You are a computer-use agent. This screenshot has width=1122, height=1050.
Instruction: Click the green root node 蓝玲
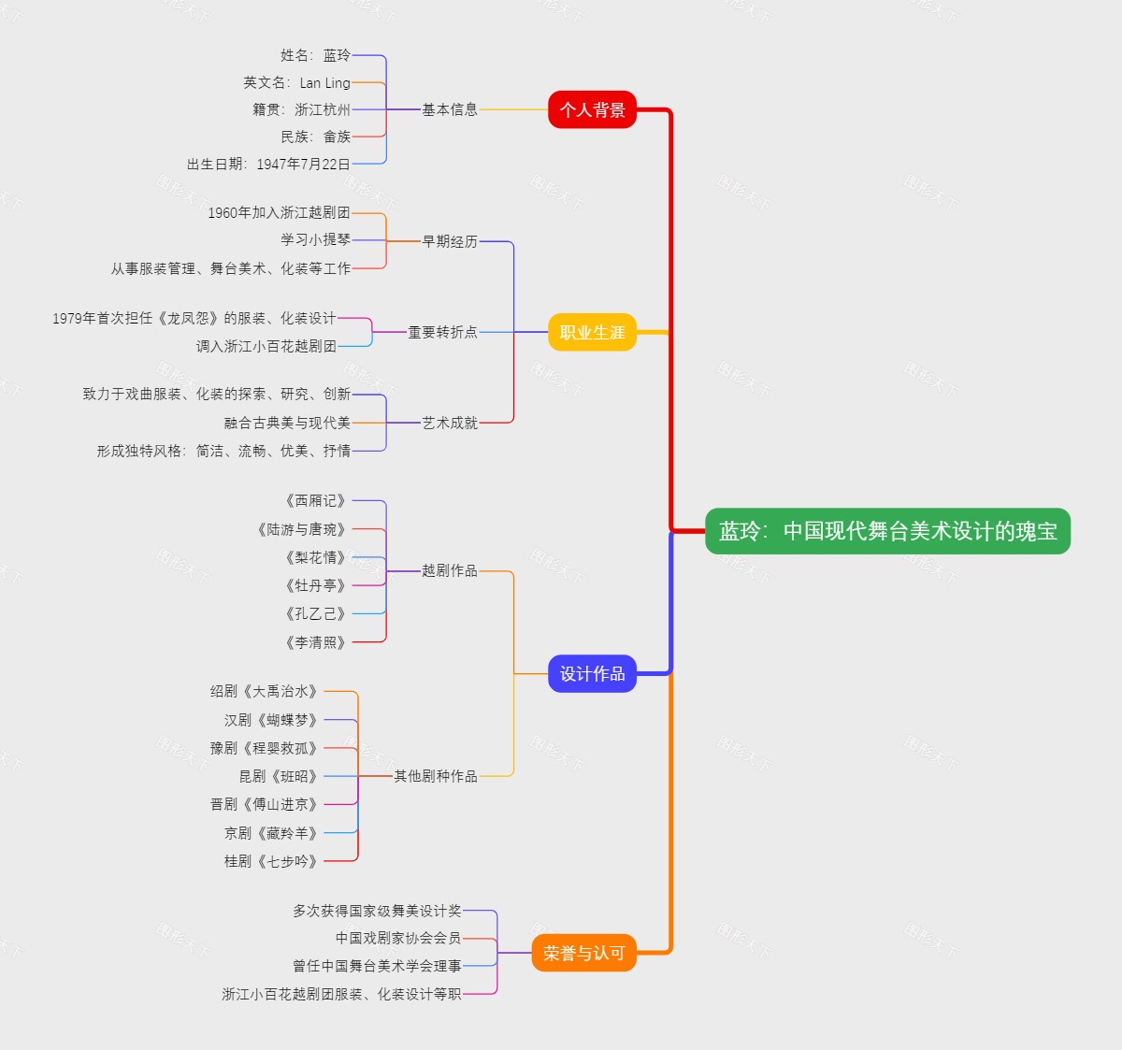click(x=886, y=531)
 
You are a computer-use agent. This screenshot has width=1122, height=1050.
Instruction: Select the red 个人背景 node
click(x=592, y=109)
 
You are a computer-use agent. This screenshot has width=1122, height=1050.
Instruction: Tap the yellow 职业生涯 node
click(x=592, y=332)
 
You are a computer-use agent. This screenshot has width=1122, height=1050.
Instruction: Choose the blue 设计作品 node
click(x=592, y=673)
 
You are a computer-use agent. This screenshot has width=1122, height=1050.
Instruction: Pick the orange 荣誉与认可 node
click(x=583, y=953)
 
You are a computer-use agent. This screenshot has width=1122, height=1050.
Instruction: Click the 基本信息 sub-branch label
click(x=449, y=109)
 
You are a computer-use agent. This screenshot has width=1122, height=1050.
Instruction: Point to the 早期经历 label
click(x=449, y=241)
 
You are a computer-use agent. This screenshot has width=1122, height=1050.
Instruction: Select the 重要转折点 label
click(x=442, y=332)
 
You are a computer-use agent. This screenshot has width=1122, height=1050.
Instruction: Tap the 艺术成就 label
click(x=449, y=423)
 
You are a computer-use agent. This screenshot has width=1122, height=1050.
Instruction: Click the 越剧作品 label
click(x=449, y=570)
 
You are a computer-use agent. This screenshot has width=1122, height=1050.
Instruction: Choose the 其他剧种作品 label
click(x=435, y=776)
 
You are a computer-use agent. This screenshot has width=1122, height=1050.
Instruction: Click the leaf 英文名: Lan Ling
click(x=296, y=82)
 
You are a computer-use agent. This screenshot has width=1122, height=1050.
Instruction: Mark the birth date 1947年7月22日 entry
click(x=268, y=164)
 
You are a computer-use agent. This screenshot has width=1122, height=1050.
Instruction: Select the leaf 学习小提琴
click(x=315, y=239)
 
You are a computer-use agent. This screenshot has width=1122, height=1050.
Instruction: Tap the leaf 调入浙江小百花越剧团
click(x=266, y=346)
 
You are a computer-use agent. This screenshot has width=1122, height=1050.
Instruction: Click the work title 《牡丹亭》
click(x=315, y=585)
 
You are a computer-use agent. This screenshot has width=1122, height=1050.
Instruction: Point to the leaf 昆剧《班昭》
click(x=279, y=776)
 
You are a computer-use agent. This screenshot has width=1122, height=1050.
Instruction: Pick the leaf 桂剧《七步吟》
click(x=271, y=861)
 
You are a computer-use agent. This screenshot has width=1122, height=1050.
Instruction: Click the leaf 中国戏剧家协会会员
click(x=397, y=938)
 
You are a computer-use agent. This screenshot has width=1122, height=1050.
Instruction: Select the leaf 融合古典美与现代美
click(x=287, y=423)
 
